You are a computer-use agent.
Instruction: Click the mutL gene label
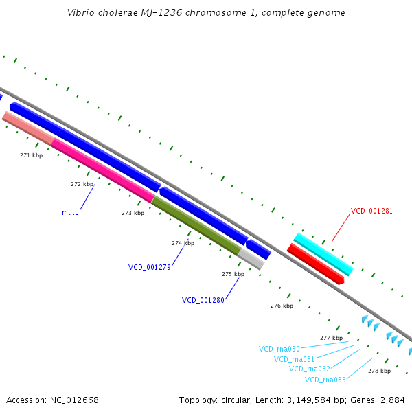point(70,213)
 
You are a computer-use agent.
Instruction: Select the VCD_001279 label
point(149,267)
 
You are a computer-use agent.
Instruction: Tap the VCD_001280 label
point(203,300)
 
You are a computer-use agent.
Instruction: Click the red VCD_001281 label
point(371,211)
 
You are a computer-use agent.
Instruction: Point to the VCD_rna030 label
point(279,349)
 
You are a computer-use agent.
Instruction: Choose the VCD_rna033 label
point(325,380)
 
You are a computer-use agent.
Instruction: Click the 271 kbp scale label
point(31,155)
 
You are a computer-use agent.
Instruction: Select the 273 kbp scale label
point(133,213)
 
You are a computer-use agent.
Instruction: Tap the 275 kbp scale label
point(233,274)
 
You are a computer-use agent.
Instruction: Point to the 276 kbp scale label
point(282,306)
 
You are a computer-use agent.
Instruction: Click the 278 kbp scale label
point(379,371)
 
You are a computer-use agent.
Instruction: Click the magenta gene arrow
point(103,170)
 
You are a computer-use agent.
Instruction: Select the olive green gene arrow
point(196,225)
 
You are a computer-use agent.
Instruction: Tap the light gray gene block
point(251,259)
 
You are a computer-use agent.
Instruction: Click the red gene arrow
point(315,264)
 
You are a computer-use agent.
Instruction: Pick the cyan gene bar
point(323,254)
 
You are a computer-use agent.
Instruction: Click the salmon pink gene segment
point(28,128)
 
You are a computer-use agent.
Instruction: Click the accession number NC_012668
point(78,400)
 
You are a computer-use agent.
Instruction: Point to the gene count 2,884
point(392,400)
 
